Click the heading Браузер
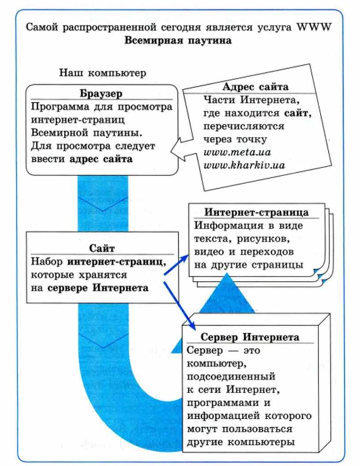pyautogui.click(x=101, y=93)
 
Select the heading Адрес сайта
pyautogui.click(x=255, y=87)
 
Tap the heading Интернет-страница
pyautogui.click(x=256, y=212)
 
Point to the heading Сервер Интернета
pyautogui.click(x=250, y=337)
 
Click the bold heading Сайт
pyautogui.click(x=102, y=248)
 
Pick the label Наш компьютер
pyautogui.click(x=103, y=73)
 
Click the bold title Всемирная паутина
pyautogui.click(x=178, y=40)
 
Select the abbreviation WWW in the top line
pyautogui.click(x=314, y=27)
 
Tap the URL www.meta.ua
pyautogui.click(x=237, y=153)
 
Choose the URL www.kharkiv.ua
pyautogui.click(x=244, y=165)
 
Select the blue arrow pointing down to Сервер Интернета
pyautogui.click(x=180, y=305)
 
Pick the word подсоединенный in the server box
pyautogui.click(x=231, y=377)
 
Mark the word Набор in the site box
pyautogui.click(x=47, y=261)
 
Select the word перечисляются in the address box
pyautogui.click(x=244, y=126)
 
